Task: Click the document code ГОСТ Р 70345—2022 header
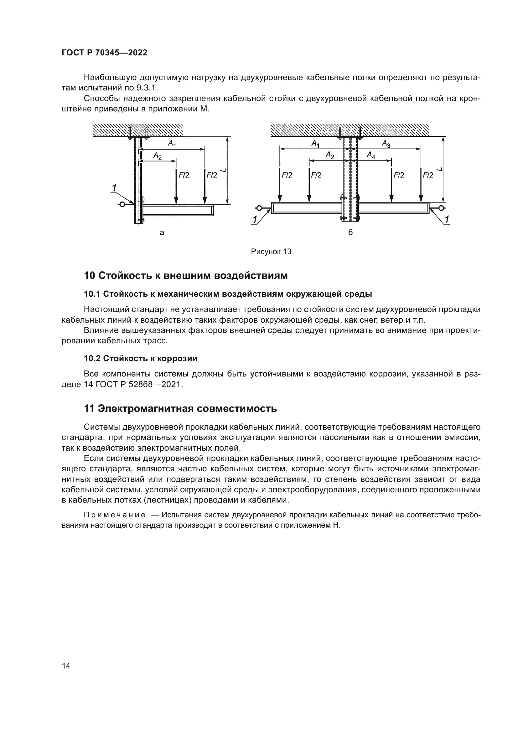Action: (104, 53)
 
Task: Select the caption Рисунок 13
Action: (271, 252)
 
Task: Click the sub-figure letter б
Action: (350, 233)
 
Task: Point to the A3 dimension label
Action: (386, 144)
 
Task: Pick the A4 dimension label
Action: (371, 155)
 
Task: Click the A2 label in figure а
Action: (157, 156)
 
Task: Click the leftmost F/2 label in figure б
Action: (287, 175)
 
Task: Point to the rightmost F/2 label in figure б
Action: (428, 175)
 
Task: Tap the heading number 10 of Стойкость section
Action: (90, 275)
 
